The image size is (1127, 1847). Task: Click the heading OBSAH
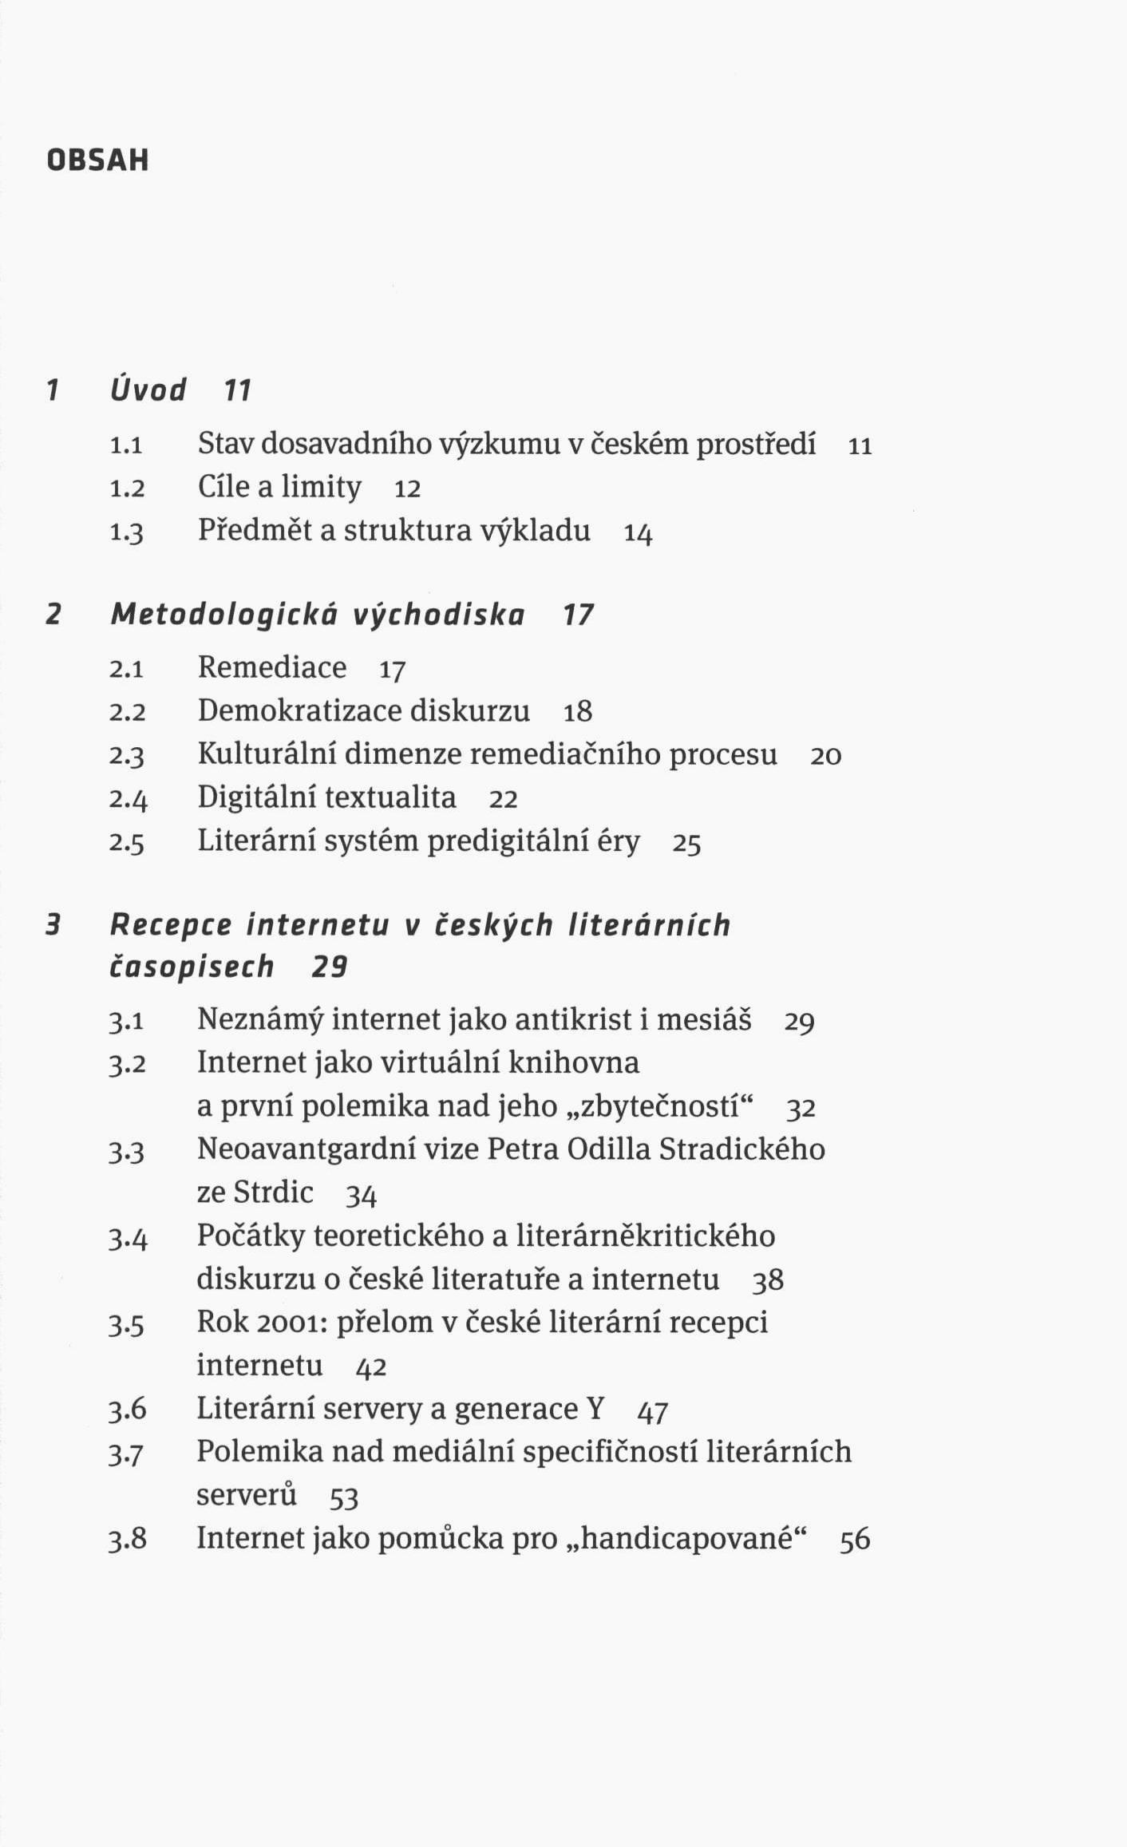point(98,160)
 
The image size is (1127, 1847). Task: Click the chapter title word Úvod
point(148,390)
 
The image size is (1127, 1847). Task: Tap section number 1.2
point(127,488)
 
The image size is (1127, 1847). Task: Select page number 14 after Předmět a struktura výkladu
point(638,533)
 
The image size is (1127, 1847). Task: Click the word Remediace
point(272,667)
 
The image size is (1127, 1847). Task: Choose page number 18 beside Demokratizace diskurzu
point(578,712)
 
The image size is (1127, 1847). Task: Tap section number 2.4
point(128,799)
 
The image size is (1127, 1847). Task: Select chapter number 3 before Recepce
point(53,925)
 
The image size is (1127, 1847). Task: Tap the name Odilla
point(611,1149)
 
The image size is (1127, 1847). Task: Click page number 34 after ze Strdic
point(361,1195)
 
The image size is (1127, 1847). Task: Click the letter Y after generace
point(595,1409)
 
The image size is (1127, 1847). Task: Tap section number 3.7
point(127,1453)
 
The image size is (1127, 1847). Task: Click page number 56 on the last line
point(855,1540)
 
